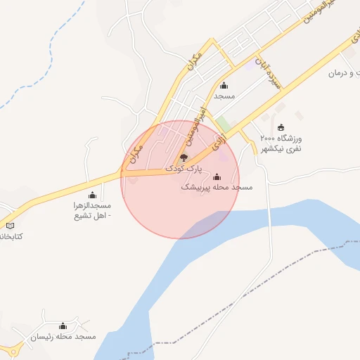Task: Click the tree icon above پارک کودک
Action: [184, 157]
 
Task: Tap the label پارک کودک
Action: [184, 169]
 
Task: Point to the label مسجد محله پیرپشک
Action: [217, 188]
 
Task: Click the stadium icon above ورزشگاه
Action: [282, 127]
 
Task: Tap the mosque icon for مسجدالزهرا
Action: [92, 195]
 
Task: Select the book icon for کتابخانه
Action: [10, 225]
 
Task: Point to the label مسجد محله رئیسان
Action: [63, 337]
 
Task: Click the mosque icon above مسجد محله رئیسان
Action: [63, 326]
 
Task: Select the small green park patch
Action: [223, 124]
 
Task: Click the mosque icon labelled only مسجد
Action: [224, 85]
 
